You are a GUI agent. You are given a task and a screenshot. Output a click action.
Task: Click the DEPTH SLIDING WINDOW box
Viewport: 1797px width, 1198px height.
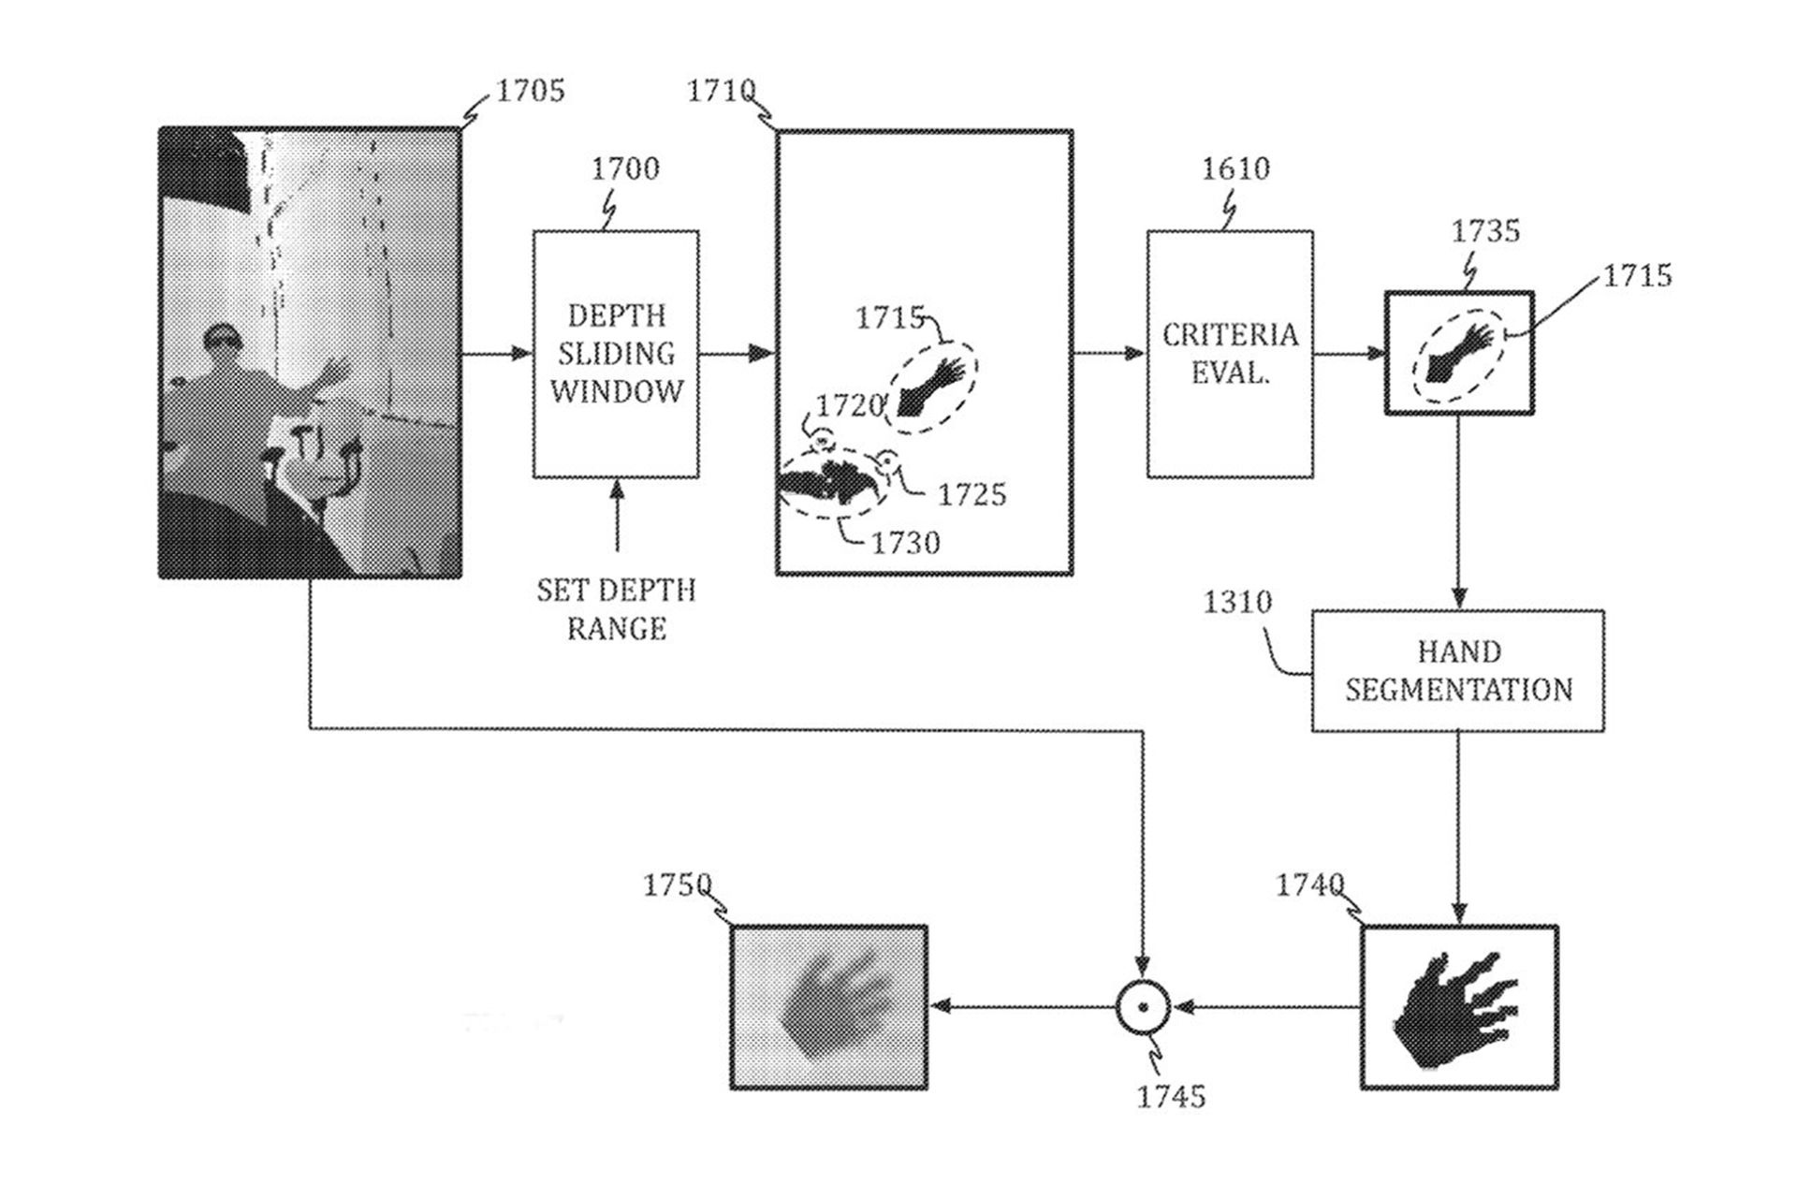[x=616, y=354]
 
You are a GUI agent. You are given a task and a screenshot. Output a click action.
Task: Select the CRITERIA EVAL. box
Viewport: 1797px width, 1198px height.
[x=1230, y=354]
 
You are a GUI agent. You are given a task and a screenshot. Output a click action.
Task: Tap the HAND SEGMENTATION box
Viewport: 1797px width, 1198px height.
[x=1457, y=671]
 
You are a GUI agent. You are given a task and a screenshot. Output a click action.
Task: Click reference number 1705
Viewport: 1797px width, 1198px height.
[x=530, y=91]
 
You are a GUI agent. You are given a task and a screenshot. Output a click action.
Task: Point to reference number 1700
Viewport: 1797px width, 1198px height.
[x=625, y=168]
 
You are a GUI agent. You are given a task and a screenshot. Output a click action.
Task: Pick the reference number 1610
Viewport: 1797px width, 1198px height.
[x=1235, y=168]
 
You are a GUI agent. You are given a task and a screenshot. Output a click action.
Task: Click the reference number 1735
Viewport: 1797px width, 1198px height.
[x=1485, y=231]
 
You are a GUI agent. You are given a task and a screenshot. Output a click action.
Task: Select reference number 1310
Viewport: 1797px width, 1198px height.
[x=1237, y=602]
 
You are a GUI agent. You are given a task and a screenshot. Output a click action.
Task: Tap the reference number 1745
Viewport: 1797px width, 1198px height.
[x=1171, y=1096]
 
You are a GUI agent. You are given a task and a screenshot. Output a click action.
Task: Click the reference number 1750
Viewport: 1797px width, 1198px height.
[x=677, y=884]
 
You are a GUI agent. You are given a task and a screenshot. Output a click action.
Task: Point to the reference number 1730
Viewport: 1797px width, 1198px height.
[x=905, y=543]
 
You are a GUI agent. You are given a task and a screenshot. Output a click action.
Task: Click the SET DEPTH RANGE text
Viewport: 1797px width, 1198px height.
[x=616, y=609]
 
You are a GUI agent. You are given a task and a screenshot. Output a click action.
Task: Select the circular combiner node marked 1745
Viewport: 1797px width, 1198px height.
[x=1143, y=1008]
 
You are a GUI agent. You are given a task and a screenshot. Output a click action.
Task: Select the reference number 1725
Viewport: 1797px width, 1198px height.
[x=972, y=494]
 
